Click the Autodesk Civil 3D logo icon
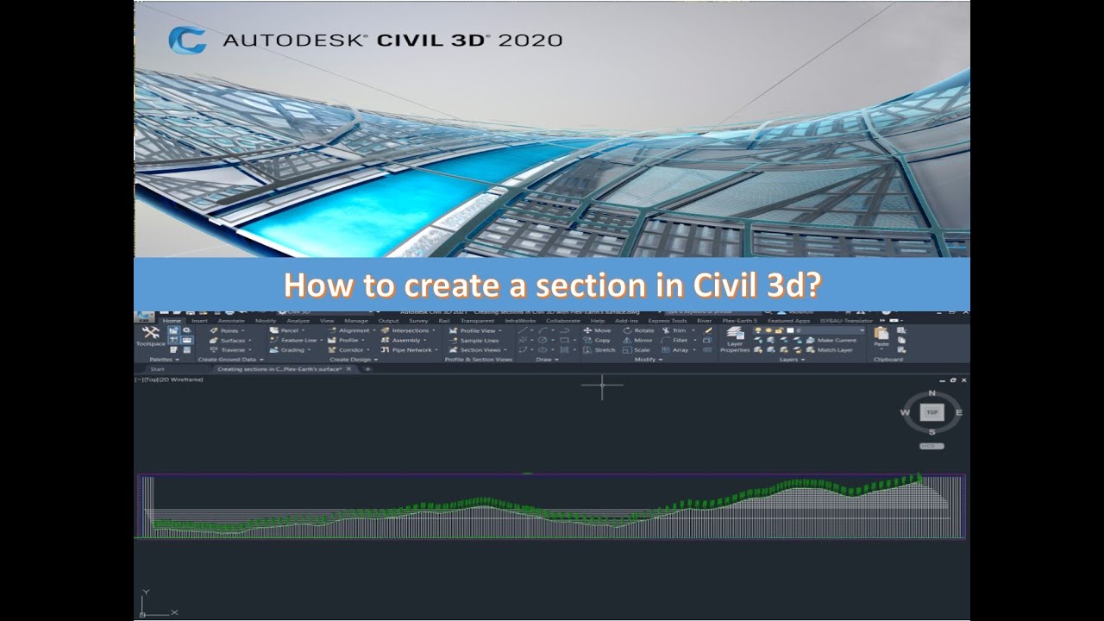coord(187,40)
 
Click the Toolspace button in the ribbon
coord(150,336)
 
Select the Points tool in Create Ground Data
coord(229,330)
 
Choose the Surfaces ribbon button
coord(232,341)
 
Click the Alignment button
coord(354,330)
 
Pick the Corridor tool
coord(350,350)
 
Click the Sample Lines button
coord(479,341)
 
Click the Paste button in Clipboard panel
coord(881,336)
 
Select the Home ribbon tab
coord(172,321)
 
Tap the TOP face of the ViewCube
coord(931,412)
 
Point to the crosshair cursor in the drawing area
coord(602,386)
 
